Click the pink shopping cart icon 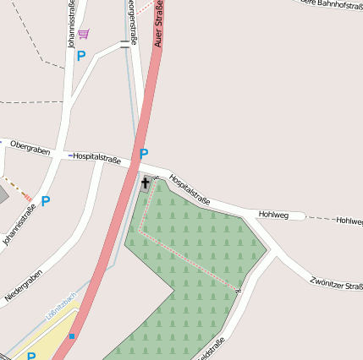tap(83, 34)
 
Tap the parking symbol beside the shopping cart tap(81, 56)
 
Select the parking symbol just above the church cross tap(144, 154)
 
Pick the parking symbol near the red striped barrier tap(46, 201)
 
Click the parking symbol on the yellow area tap(31, 356)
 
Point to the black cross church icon tap(145, 183)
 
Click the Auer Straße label tap(160, 23)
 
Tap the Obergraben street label tap(30, 148)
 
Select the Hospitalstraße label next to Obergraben tap(96, 157)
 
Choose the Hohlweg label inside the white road tap(273, 215)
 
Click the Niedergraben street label tap(24, 286)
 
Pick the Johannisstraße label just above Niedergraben tap(19, 226)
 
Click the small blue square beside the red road tap(72, 336)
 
